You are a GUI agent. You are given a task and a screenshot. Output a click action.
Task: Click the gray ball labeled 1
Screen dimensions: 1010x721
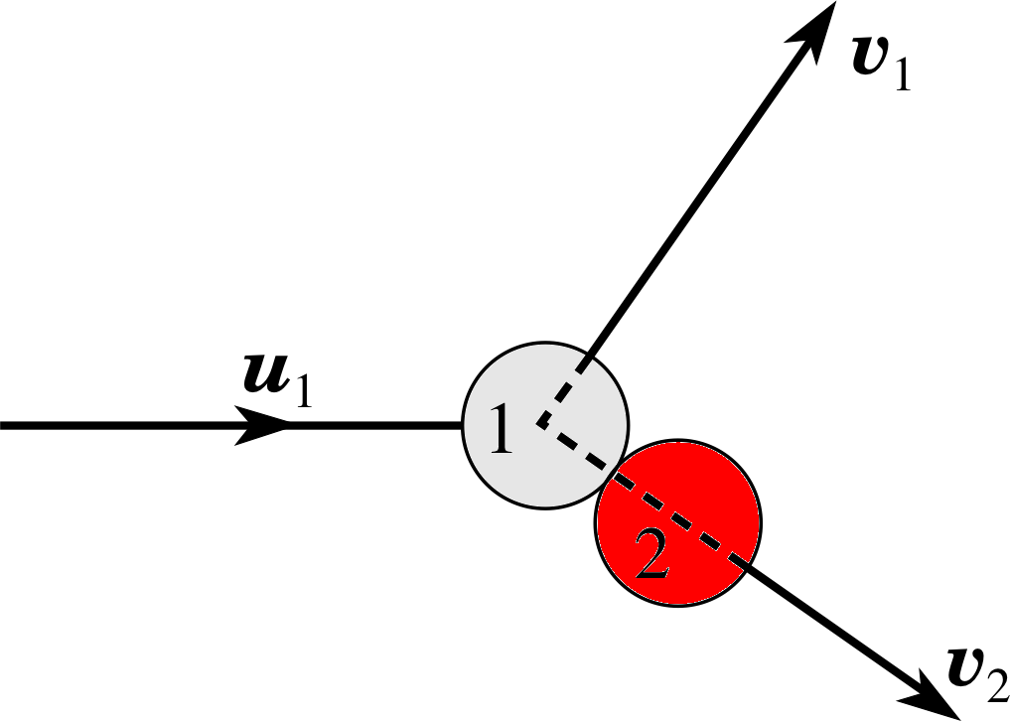tap(545, 426)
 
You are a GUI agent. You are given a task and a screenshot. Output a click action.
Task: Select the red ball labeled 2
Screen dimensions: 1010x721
tap(678, 522)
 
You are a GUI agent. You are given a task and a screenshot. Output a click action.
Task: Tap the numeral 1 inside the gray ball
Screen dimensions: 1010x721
tap(502, 429)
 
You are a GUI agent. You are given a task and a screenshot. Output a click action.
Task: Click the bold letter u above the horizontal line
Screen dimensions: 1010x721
tap(265, 373)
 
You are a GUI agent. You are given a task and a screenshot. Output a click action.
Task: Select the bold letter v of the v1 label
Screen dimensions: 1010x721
tap(871, 57)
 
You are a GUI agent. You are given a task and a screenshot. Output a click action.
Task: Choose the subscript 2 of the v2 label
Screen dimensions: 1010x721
tap(998, 683)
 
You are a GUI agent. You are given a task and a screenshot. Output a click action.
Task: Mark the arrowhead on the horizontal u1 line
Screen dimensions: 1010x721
tap(261, 425)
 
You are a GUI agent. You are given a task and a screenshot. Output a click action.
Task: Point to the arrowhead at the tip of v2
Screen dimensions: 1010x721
tap(933, 698)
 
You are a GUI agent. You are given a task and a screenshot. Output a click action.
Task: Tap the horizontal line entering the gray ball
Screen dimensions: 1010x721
tap(230, 425)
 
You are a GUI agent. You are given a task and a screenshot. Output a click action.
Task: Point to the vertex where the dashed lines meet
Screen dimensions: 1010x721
tap(540, 425)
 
